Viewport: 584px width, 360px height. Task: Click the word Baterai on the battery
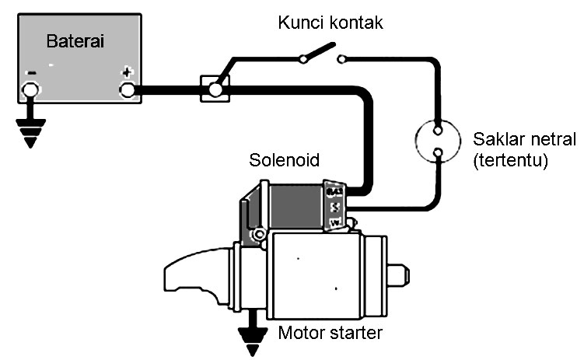78,40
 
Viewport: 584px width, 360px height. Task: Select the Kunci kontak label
330,23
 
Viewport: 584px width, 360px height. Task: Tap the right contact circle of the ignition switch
341,58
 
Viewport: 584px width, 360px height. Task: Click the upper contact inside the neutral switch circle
439,129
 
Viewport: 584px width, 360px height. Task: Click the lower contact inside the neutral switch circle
439,152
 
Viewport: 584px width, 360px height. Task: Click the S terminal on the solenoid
334,208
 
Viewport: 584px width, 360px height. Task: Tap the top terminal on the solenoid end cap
334,191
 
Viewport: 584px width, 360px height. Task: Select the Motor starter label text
330,335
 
